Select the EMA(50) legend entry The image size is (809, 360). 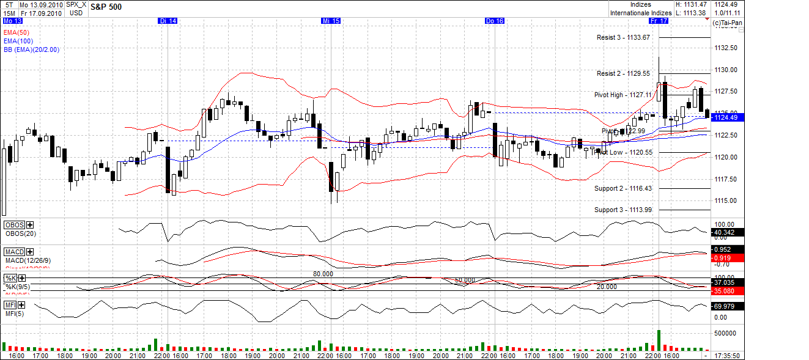pyautogui.click(x=17, y=32)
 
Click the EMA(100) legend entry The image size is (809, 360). pyautogui.click(x=18, y=41)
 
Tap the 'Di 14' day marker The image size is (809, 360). pyautogui.click(x=168, y=21)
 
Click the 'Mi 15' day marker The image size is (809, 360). pyautogui.click(x=331, y=21)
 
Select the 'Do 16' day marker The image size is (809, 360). pyautogui.click(x=494, y=21)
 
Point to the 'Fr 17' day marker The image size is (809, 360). pyautogui.click(x=659, y=21)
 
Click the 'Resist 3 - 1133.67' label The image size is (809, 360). pyautogui.click(x=623, y=37)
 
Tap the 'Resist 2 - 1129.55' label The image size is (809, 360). pyautogui.click(x=623, y=73)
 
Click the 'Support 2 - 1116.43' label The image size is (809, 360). pyautogui.click(x=623, y=188)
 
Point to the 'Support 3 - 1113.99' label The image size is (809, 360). pyautogui.click(x=623, y=210)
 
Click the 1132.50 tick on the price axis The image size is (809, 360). pyautogui.click(x=725, y=48)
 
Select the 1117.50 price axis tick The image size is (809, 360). pyautogui.click(x=725, y=179)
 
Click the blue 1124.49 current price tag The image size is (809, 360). pyautogui.click(x=726, y=117)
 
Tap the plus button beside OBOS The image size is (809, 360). pyautogui.click(x=30, y=225)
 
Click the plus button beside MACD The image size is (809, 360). pyautogui.click(x=30, y=252)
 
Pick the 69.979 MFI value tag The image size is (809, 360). pyautogui.click(x=726, y=306)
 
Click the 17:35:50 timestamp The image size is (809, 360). pyautogui.click(x=727, y=355)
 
